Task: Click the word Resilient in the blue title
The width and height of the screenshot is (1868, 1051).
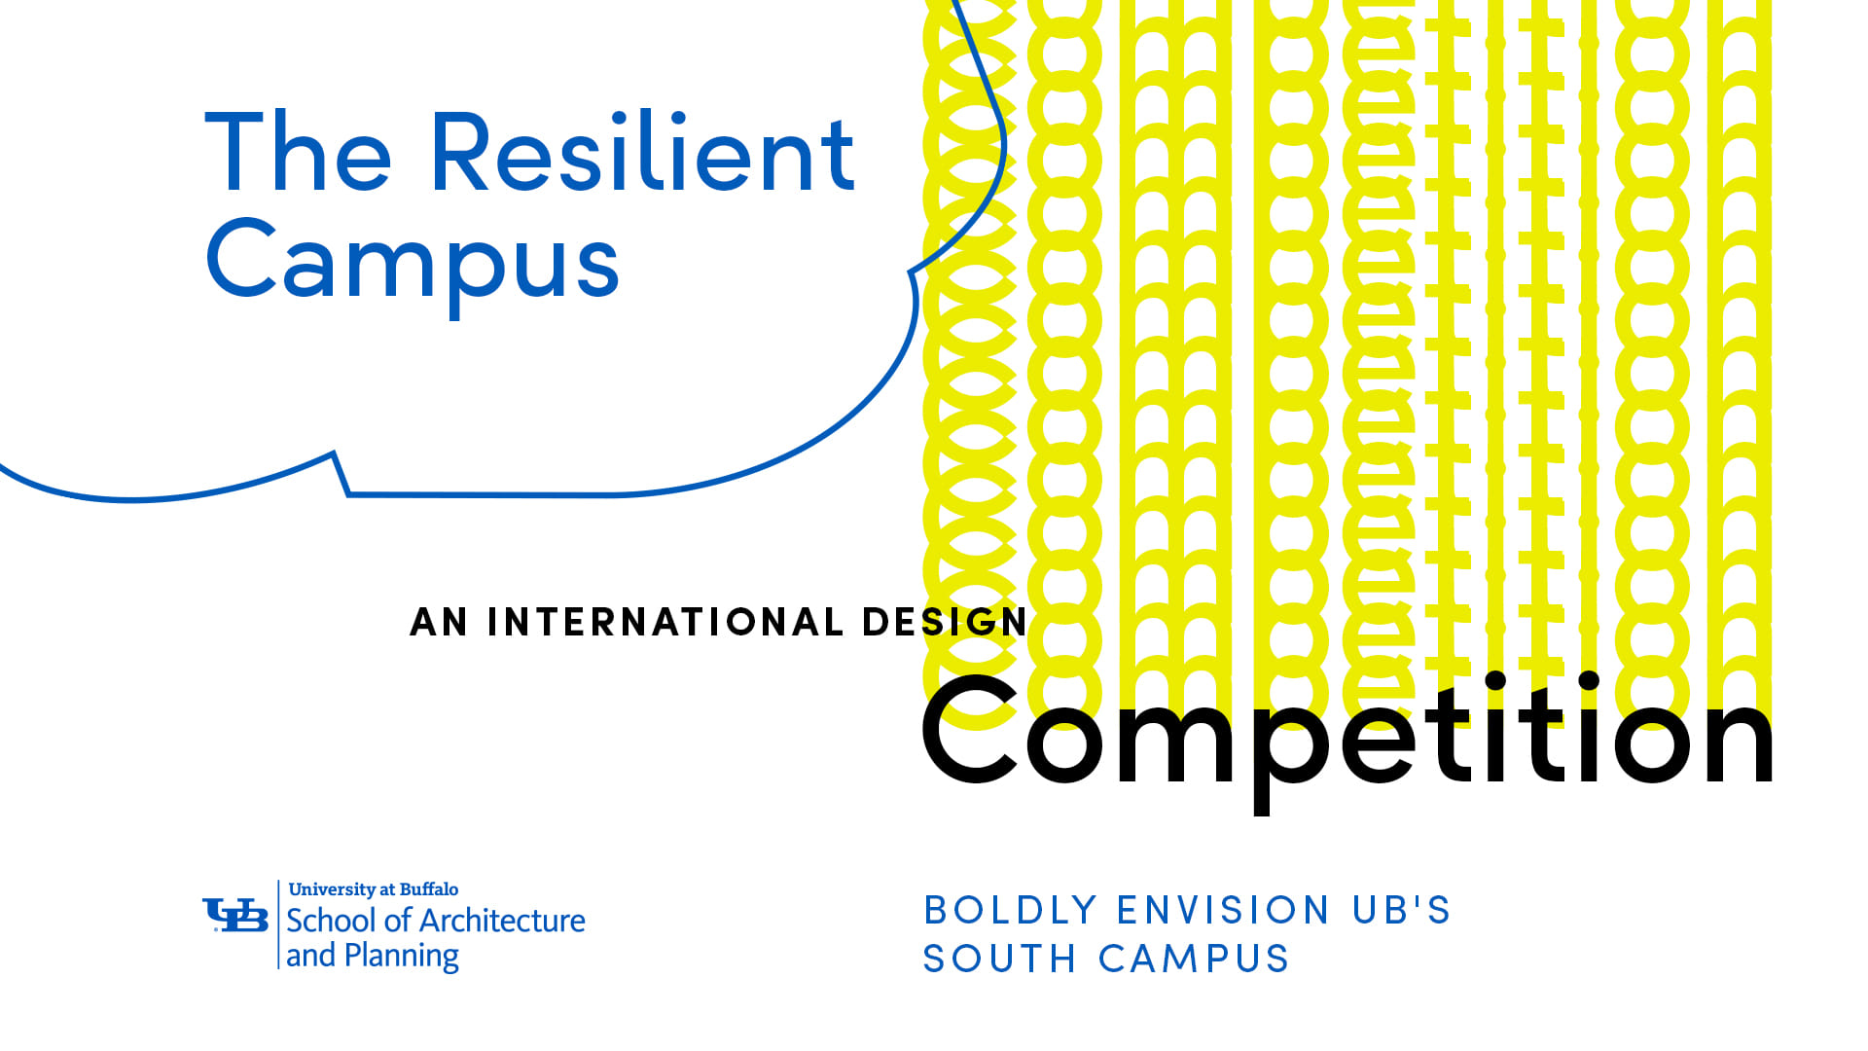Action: [x=642, y=154]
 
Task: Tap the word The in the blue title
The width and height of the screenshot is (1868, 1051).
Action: [x=298, y=154]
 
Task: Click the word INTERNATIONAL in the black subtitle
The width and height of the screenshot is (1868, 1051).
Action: [x=665, y=623]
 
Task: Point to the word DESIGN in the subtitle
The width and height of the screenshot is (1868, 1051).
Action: [x=945, y=623]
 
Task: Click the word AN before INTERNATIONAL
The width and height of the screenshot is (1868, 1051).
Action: [x=439, y=623]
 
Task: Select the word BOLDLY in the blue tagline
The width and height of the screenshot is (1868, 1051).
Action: [x=1011, y=911]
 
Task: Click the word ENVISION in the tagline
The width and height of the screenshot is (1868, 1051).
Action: [x=1224, y=911]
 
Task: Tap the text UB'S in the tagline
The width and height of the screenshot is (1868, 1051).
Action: [x=1401, y=911]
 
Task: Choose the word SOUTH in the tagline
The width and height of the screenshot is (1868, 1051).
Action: [x=999, y=960]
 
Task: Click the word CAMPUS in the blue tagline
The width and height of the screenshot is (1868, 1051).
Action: [x=1194, y=960]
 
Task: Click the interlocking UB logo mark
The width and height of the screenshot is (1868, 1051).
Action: [x=235, y=915]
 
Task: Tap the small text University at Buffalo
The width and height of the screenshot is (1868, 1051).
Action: [x=374, y=889]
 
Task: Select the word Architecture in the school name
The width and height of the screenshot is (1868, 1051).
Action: [x=503, y=921]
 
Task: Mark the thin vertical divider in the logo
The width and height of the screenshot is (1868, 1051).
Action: [x=279, y=924]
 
